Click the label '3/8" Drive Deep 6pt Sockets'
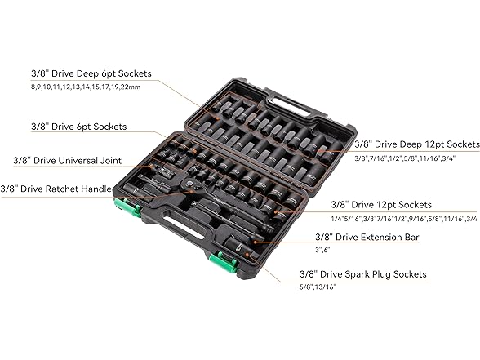point(91,73)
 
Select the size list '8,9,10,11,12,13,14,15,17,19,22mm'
point(86,87)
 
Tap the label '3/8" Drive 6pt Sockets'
point(79,127)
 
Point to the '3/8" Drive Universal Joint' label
point(67,160)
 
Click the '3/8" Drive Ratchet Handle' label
point(56,189)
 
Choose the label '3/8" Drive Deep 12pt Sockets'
point(417,144)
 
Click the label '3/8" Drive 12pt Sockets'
point(381,204)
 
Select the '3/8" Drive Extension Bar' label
point(367,237)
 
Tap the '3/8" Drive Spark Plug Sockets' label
point(363,274)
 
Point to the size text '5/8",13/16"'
point(318,287)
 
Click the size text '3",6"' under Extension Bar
point(322,250)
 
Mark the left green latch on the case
point(127,207)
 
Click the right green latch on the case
point(224,262)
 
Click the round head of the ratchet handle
point(189,184)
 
